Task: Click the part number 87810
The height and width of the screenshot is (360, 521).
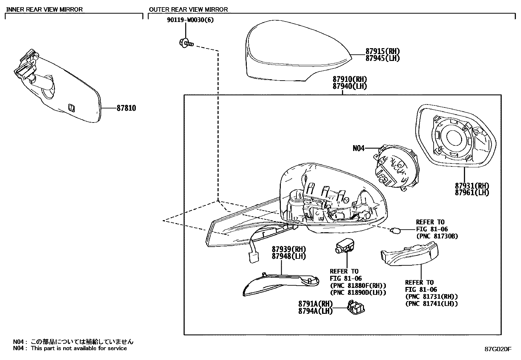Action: coord(126,108)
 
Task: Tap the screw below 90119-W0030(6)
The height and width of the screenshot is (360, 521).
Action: coord(186,42)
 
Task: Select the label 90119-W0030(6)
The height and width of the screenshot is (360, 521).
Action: coord(190,20)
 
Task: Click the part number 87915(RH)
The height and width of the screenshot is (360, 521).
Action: coord(383,51)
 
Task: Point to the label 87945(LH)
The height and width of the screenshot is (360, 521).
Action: coord(383,58)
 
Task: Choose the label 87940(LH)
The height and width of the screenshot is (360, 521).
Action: coord(350,86)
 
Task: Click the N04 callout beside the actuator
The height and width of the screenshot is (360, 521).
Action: coord(358,148)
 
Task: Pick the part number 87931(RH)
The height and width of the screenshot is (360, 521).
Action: coord(472,186)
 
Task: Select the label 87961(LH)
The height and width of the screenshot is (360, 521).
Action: coord(472,193)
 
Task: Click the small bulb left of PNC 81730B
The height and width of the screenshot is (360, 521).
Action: coord(394,230)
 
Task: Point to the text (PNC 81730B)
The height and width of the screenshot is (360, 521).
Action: coord(437,236)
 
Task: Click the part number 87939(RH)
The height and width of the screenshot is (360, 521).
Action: coord(288,249)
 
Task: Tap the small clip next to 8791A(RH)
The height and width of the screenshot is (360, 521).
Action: coord(357,308)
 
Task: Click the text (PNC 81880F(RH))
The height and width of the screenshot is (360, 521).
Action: coord(358,286)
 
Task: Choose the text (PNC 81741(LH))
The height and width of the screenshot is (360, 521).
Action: coord(431,304)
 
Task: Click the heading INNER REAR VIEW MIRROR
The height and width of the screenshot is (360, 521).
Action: coord(45,9)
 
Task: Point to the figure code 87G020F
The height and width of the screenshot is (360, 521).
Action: coord(498,349)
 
